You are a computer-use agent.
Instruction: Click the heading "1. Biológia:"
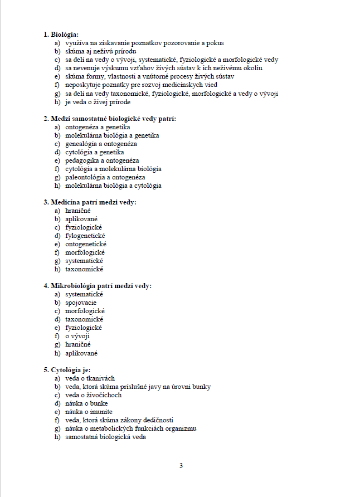pyautogui.click(x=61, y=35)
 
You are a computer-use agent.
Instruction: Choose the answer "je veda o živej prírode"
pyautogui.click(x=98, y=102)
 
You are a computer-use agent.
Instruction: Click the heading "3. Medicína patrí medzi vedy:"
pyautogui.click(x=90, y=202)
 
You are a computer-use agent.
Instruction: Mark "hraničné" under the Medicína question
pyautogui.click(x=77, y=211)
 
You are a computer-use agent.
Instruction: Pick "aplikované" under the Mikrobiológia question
pyautogui.click(x=81, y=353)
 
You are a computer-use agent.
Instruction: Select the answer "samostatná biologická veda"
pyautogui.click(x=105, y=437)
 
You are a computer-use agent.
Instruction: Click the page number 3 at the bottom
pyautogui.click(x=181, y=466)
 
